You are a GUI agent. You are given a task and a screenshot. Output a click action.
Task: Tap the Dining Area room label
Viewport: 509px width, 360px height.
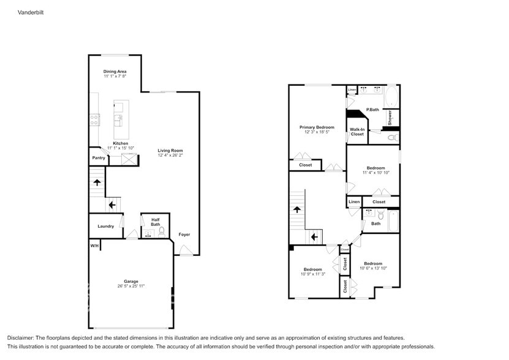(x=115, y=72)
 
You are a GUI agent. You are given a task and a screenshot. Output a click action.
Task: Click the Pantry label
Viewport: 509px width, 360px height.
(x=99, y=158)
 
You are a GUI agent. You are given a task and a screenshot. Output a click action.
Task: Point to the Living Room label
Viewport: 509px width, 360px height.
(x=170, y=151)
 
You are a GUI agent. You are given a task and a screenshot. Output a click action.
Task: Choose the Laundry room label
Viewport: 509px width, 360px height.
(x=105, y=226)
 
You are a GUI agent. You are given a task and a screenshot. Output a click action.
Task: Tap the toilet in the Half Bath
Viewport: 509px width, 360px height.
(x=162, y=232)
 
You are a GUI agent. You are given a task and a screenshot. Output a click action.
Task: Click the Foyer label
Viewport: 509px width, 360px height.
(x=184, y=234)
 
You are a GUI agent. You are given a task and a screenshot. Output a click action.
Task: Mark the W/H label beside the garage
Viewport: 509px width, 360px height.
(x=94, y=246)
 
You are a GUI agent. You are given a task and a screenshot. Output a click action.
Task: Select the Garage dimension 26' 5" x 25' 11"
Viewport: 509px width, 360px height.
(x=130, y=286)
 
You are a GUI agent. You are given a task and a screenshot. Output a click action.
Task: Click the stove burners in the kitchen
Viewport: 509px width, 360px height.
(x=95, y=120)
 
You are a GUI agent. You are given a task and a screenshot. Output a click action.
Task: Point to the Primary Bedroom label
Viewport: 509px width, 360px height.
(x=317, y=127)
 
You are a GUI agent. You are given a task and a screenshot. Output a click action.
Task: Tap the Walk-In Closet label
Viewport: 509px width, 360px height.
(x=357, y=131)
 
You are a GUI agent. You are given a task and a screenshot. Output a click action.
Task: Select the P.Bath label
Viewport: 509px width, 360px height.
(x=372, y=110)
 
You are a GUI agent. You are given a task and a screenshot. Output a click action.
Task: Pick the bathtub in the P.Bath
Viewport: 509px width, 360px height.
(x=391, y=96)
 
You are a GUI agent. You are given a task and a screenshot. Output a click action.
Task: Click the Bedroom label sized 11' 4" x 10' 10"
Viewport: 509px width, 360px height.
(x=375, y=168)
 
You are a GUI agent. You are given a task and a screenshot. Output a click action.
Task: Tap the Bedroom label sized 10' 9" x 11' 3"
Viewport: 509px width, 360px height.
(x=312, y=269)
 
